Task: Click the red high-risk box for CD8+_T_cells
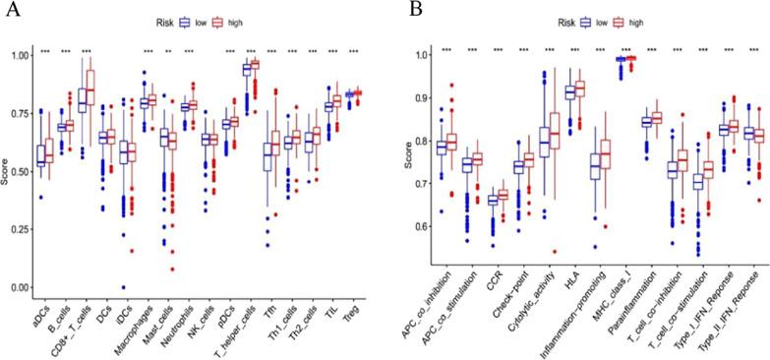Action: click(x=90, y=92)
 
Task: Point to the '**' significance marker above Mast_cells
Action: click(x=168, y=50)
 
